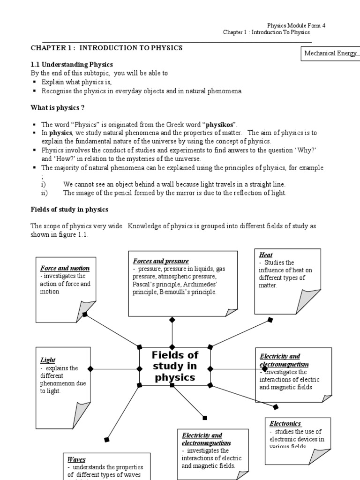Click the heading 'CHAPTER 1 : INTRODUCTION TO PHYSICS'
[x=106, y=48]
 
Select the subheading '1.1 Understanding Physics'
[x=72, y=64]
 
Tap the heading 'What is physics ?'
[x=58, y=108]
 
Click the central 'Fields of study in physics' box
[x=175, y=367]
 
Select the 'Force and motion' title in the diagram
[x=65, y=269]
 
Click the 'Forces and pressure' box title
[x=161, y=261]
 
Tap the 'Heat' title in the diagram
[x=265, y=255]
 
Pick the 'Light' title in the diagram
[x=47, y=360]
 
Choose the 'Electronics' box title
[x=285, y=424]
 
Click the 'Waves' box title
[x=76, y=459]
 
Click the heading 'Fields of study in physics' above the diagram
[x=69, y=209]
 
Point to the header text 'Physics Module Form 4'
[x=296, y=25]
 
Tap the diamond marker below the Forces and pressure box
[x=172, y=320]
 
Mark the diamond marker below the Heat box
[x=270, y=320]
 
